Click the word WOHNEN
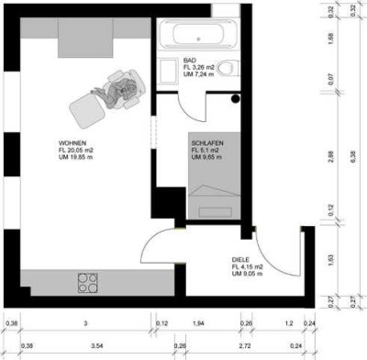coord(73,144)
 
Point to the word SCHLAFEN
coord(208,144)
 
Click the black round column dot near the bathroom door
coord(237,98)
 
